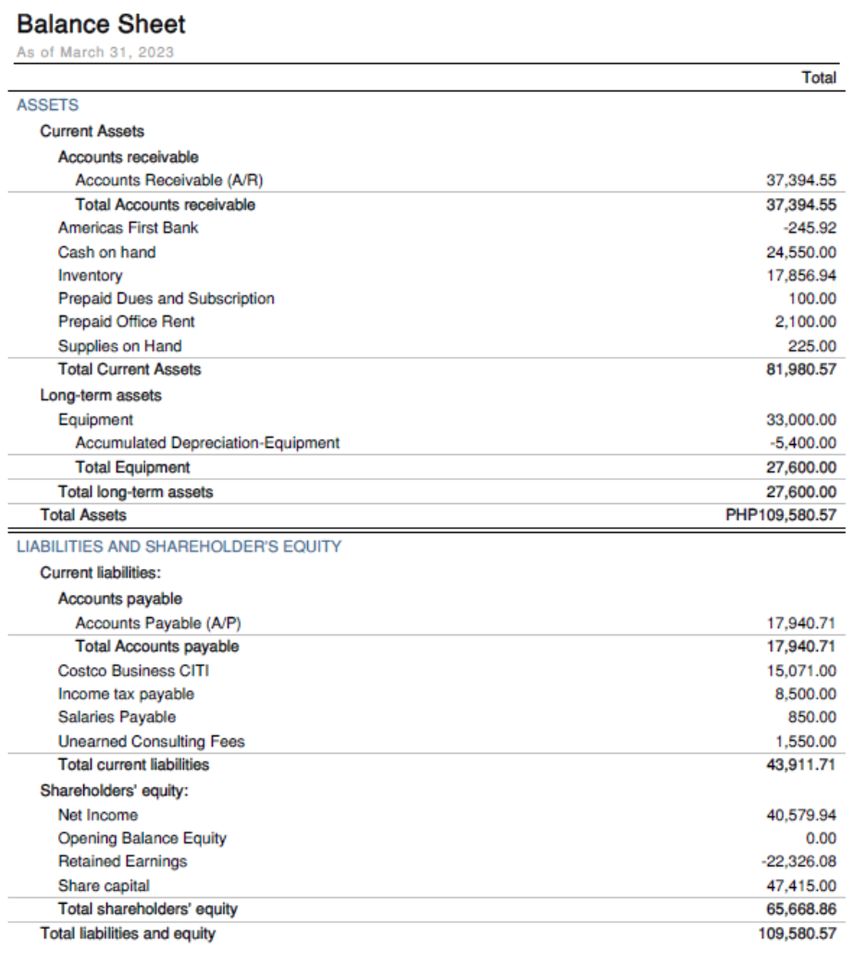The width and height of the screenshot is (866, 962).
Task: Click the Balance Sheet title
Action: [101, 24]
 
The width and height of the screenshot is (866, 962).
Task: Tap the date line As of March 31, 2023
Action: [94, 52]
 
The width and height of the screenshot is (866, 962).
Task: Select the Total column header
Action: [819, 78]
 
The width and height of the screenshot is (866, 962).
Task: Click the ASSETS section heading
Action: [47, 105]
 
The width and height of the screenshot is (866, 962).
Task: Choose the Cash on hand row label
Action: [106, 253]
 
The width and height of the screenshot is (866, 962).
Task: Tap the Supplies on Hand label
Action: [119, 346]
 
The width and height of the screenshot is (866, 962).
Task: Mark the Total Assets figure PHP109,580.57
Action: [781, 515]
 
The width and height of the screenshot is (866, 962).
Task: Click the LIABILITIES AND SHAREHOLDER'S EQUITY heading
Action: [179, 547]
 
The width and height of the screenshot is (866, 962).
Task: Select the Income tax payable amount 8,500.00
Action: [806, 694]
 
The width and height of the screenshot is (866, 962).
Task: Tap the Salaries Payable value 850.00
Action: [814, 717]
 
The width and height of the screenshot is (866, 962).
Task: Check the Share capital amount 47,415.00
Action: [801, 885]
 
